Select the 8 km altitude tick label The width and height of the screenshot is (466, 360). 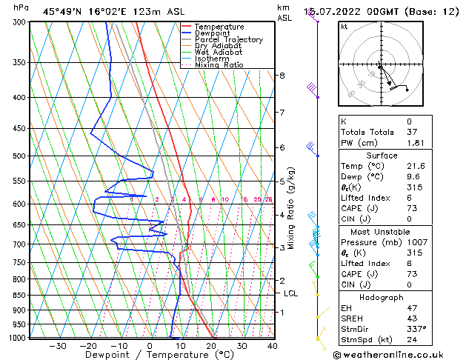[x=282, y=76]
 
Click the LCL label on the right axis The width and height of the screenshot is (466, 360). [x=291, y=293]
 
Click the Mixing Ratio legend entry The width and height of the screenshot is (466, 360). [x=219, y=65]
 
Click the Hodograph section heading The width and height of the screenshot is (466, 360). [x=382, y=297]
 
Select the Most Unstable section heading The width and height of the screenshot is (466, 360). [x=382, y=231]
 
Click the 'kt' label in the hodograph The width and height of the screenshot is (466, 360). [x=344, y=26]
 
